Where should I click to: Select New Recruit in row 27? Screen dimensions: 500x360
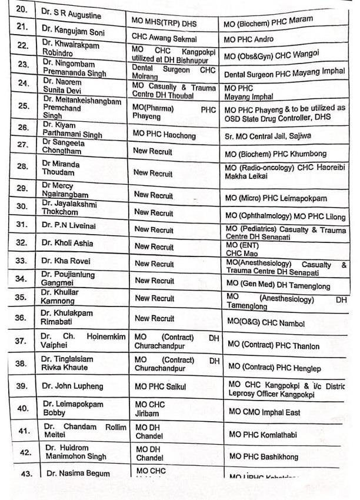coord(154,152)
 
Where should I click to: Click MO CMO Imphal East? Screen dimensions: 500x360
coord(265,412)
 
